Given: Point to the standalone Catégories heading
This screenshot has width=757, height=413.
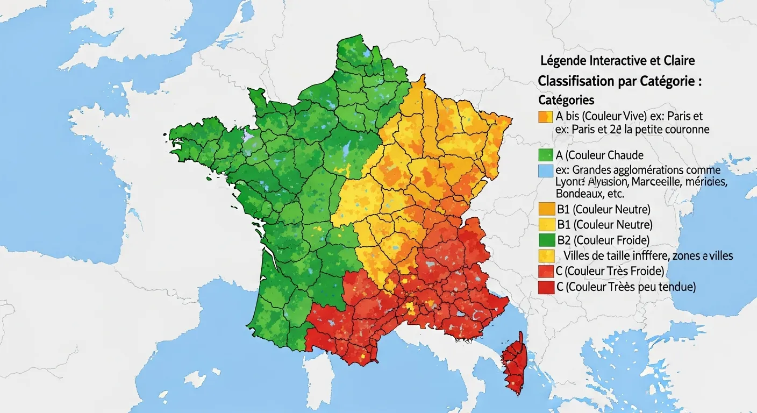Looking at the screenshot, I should (x=566, y=100).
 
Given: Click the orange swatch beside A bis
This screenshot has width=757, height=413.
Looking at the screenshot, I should (x=545, y=117).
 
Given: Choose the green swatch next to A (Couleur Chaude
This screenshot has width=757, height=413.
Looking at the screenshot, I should (x=545, y=156).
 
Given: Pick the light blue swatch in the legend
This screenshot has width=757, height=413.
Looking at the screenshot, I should (x=545, y=171).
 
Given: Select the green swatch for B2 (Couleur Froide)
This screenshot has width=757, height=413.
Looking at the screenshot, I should (x=545, y=240).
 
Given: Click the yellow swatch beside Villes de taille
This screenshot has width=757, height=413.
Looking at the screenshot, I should (x=545, y=255).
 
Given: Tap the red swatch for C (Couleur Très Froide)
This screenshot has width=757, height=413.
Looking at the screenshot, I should (x=545, y=271).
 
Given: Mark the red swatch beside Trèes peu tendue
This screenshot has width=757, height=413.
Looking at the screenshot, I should (x=545, y=287).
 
